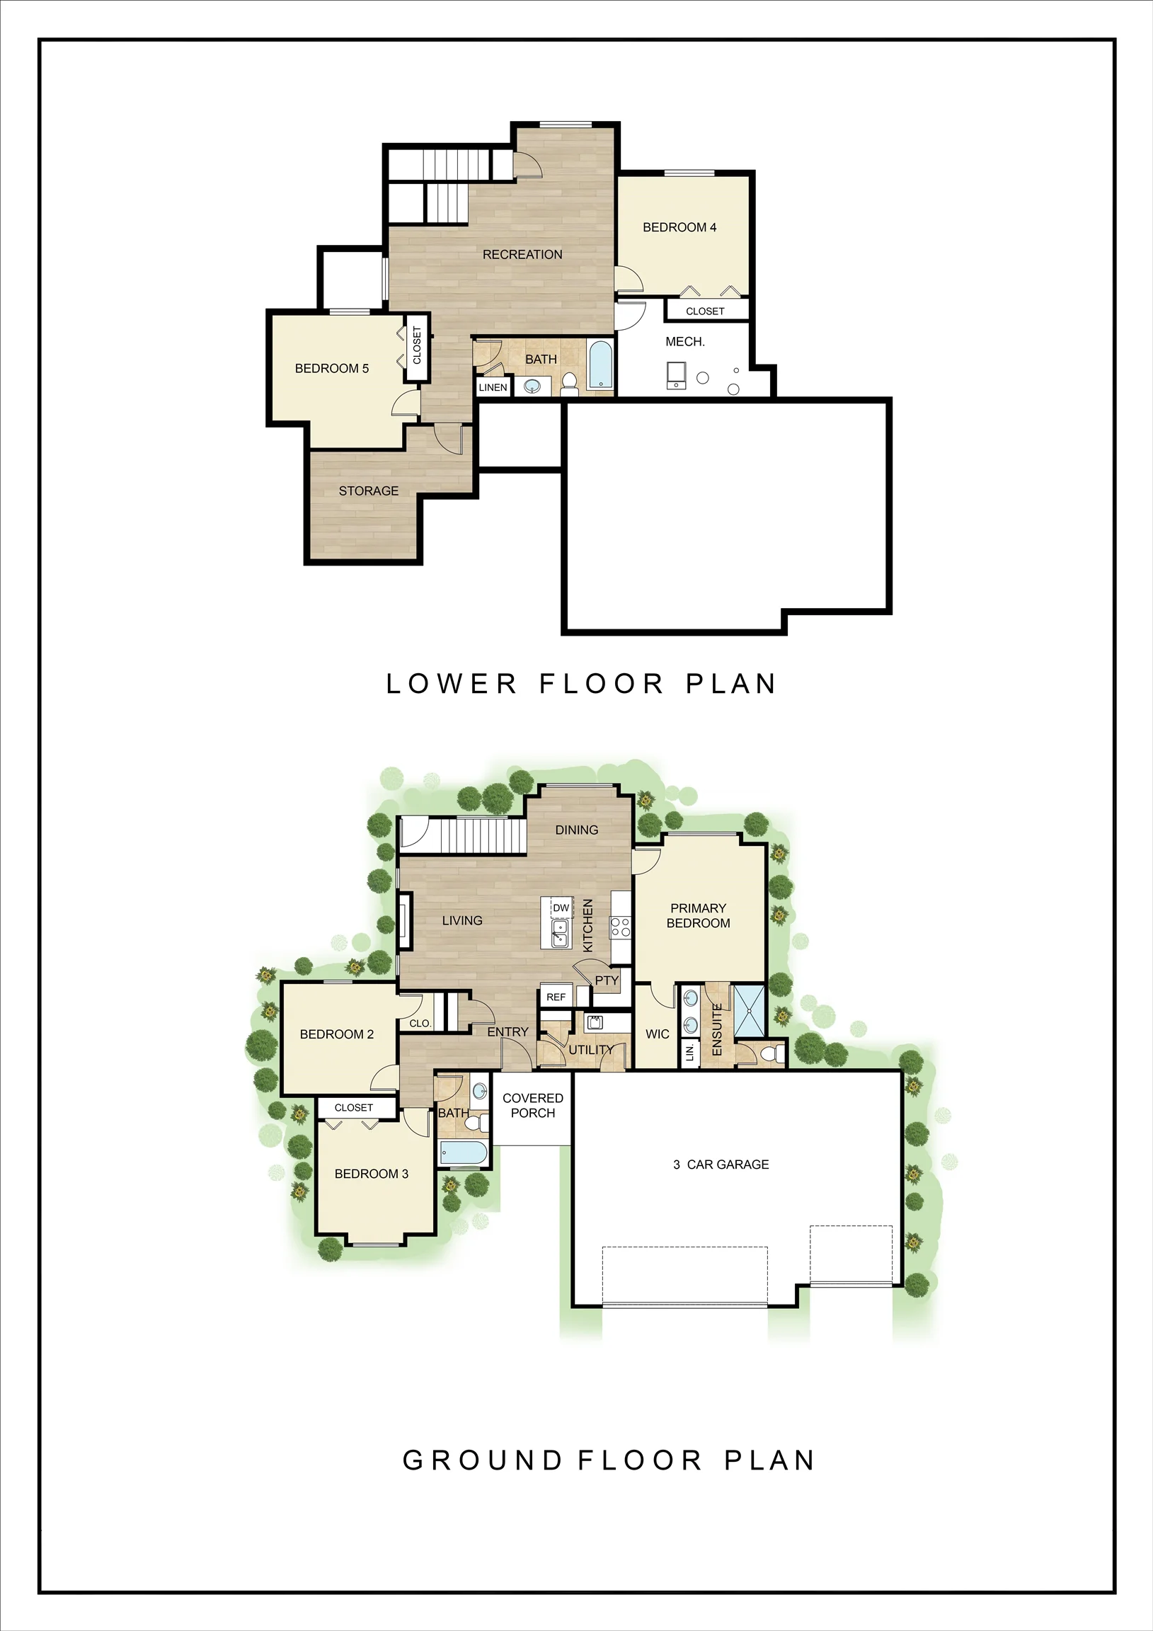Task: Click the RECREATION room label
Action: tap(522, 254)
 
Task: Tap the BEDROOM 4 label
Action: tap(679, 227)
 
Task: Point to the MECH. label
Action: tap(685, 342)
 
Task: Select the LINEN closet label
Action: tap(493, 387)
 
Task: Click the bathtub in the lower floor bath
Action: tap(600, 365)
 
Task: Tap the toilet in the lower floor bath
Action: tap(569, 384)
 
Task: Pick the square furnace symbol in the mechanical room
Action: tap(677, 375)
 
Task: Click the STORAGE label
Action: tap(368, 491)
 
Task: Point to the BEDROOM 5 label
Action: tap(332, 369)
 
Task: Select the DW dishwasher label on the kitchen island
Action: tap(561, 908)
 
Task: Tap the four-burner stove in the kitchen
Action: tap(620, 927)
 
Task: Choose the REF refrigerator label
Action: tap(556, 997)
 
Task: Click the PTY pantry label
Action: tap(607, 980)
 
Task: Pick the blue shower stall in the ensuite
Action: tap(749, 1012)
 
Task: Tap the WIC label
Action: tap(657, 1034)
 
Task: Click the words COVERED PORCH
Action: tap(533, 1105)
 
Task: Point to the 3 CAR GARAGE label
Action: tap(721, 1164)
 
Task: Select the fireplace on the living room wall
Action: tap(404, 921)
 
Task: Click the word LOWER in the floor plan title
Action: tap(451, 684)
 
